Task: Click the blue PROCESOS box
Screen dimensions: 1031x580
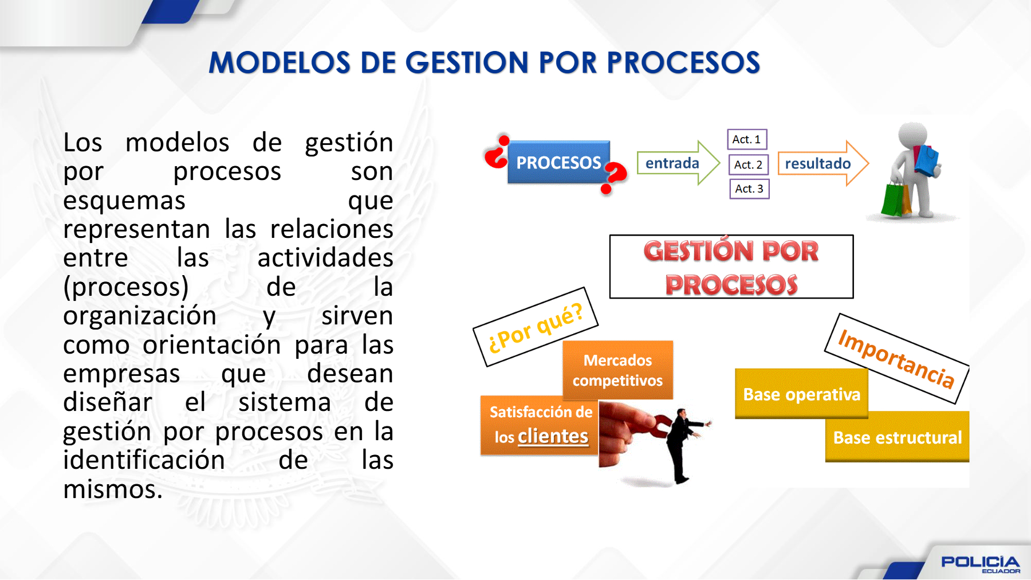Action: [x=558, y=162]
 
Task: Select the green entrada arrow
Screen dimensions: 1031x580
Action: [x=678, y=163]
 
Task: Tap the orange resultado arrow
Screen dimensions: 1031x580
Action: [x=823, y=163]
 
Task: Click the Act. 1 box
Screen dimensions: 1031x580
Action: [x=747, y=139]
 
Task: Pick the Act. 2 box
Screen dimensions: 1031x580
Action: [x=748, y=164]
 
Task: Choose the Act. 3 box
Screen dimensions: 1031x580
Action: [x=749, y=189]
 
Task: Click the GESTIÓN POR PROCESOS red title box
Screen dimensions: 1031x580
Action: [x=731, y=267]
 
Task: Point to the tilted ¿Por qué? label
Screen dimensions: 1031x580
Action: [x=536, y=327]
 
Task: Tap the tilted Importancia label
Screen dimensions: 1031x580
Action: [x=897, y=359]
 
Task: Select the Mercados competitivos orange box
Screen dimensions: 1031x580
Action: [x=617, y=370]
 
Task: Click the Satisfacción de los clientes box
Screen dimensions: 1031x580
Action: [x=540, y=425]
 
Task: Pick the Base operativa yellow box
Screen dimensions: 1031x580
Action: [x=801, y=394]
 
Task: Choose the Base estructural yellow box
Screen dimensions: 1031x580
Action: [x=897, y=437]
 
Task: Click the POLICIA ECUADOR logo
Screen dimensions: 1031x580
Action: [x=980, y=564]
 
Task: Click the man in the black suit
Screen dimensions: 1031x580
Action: [x=683, y=445]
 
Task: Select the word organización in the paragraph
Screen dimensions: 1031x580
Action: [x=140, y=316]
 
